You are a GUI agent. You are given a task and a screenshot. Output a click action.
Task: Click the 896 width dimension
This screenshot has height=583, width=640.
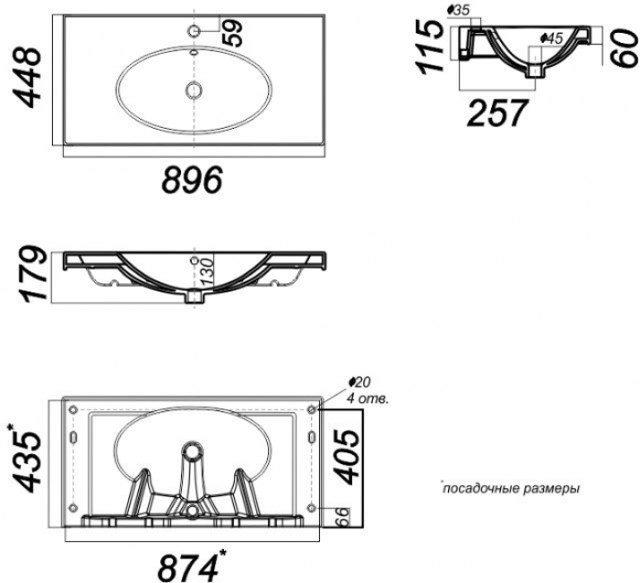tap(193, 179)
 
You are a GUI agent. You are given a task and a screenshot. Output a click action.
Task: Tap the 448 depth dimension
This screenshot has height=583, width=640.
tap(27, 78)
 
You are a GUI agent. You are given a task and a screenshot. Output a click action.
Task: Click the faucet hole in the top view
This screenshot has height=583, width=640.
tap(194, 30)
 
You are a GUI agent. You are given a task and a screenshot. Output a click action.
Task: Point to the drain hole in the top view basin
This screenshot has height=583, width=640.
tap(194, 90)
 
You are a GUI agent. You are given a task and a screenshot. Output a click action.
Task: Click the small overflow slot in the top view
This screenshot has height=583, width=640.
tap(194, 52)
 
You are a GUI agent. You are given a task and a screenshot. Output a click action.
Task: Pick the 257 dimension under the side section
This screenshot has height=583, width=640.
tap(496, 112)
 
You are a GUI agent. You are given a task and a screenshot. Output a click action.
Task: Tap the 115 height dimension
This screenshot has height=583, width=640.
tap(430, 47)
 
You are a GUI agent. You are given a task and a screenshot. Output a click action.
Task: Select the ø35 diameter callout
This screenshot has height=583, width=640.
tap(459, 11)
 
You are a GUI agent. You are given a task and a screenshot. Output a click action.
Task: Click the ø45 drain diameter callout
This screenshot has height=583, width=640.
tap(551, 38)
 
